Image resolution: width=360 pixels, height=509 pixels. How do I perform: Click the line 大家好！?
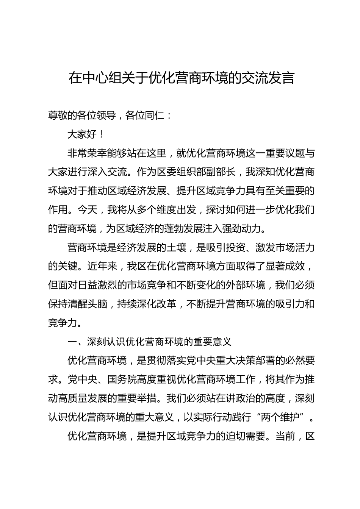pos(85,134)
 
